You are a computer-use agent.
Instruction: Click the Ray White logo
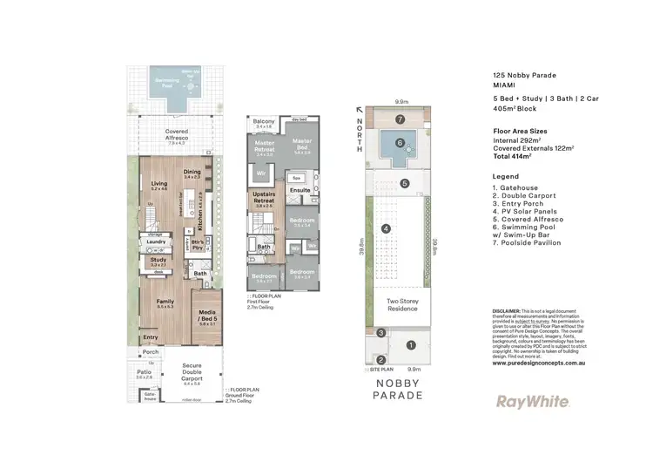coord(533,402)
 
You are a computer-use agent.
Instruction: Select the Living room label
coord(159,184)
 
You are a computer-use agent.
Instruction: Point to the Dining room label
coord(192,173)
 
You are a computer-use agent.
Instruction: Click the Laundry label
coord(157,241)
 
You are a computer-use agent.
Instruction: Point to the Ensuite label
coord(300,189)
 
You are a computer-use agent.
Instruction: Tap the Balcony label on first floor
coord(265,121)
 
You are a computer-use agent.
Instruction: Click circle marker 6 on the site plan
coord(400,143)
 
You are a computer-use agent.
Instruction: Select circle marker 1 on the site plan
coord(411,344)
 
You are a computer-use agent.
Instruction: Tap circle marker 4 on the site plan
coord(384,229)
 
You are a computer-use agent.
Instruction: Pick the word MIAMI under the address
coord(503,86)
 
